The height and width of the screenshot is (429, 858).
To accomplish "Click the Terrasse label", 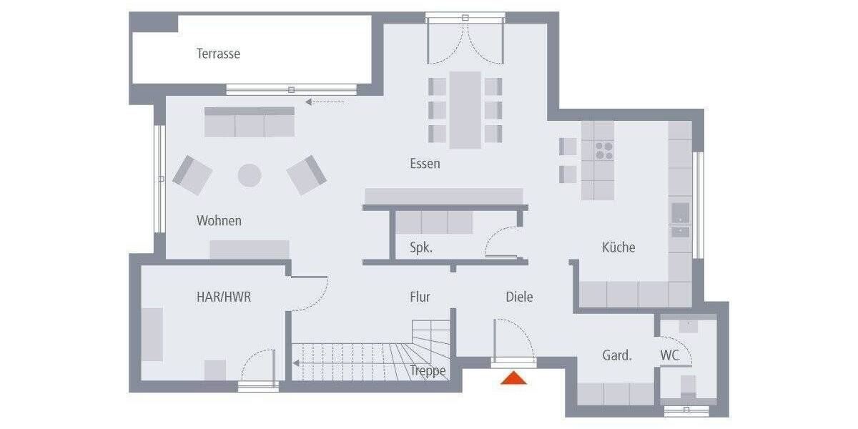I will tap(218, 54).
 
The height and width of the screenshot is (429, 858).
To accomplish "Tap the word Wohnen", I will tap(219, 221).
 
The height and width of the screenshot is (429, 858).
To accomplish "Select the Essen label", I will tap(425, 164).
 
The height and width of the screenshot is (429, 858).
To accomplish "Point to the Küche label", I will tap(618, 247).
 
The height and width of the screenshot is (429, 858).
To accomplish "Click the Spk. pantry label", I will tap(421, 248).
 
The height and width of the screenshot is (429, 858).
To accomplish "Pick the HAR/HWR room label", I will tap(224, 297).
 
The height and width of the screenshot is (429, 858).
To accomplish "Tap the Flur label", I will tap(420, 297).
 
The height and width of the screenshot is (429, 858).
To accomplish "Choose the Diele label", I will tap(519, 297).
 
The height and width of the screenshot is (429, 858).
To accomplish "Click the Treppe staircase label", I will tap(428, 370).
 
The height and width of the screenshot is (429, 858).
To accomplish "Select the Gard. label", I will tap(616, 355).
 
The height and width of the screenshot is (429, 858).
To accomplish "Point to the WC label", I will tap(670, 355).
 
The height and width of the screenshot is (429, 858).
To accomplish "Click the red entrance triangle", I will tap(513, 378).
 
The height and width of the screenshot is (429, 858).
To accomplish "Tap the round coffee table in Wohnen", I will tap(250, 175).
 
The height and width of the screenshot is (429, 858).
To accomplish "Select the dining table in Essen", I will tap(465, 109).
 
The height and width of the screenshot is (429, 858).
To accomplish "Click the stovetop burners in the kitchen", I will tap(604, 149).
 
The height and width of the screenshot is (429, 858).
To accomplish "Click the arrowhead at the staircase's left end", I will tap(296, 363).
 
